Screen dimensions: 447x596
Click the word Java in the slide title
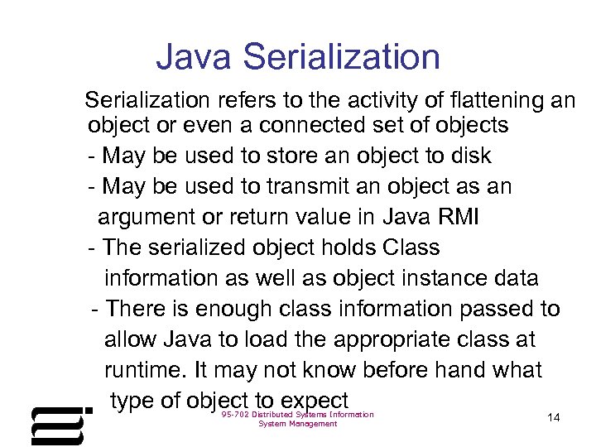(x=195, y=57)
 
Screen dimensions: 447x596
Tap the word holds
(x=348, y=248)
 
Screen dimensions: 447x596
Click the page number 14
(x=554, y=418)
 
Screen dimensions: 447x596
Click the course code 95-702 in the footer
(x=237, y=415)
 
